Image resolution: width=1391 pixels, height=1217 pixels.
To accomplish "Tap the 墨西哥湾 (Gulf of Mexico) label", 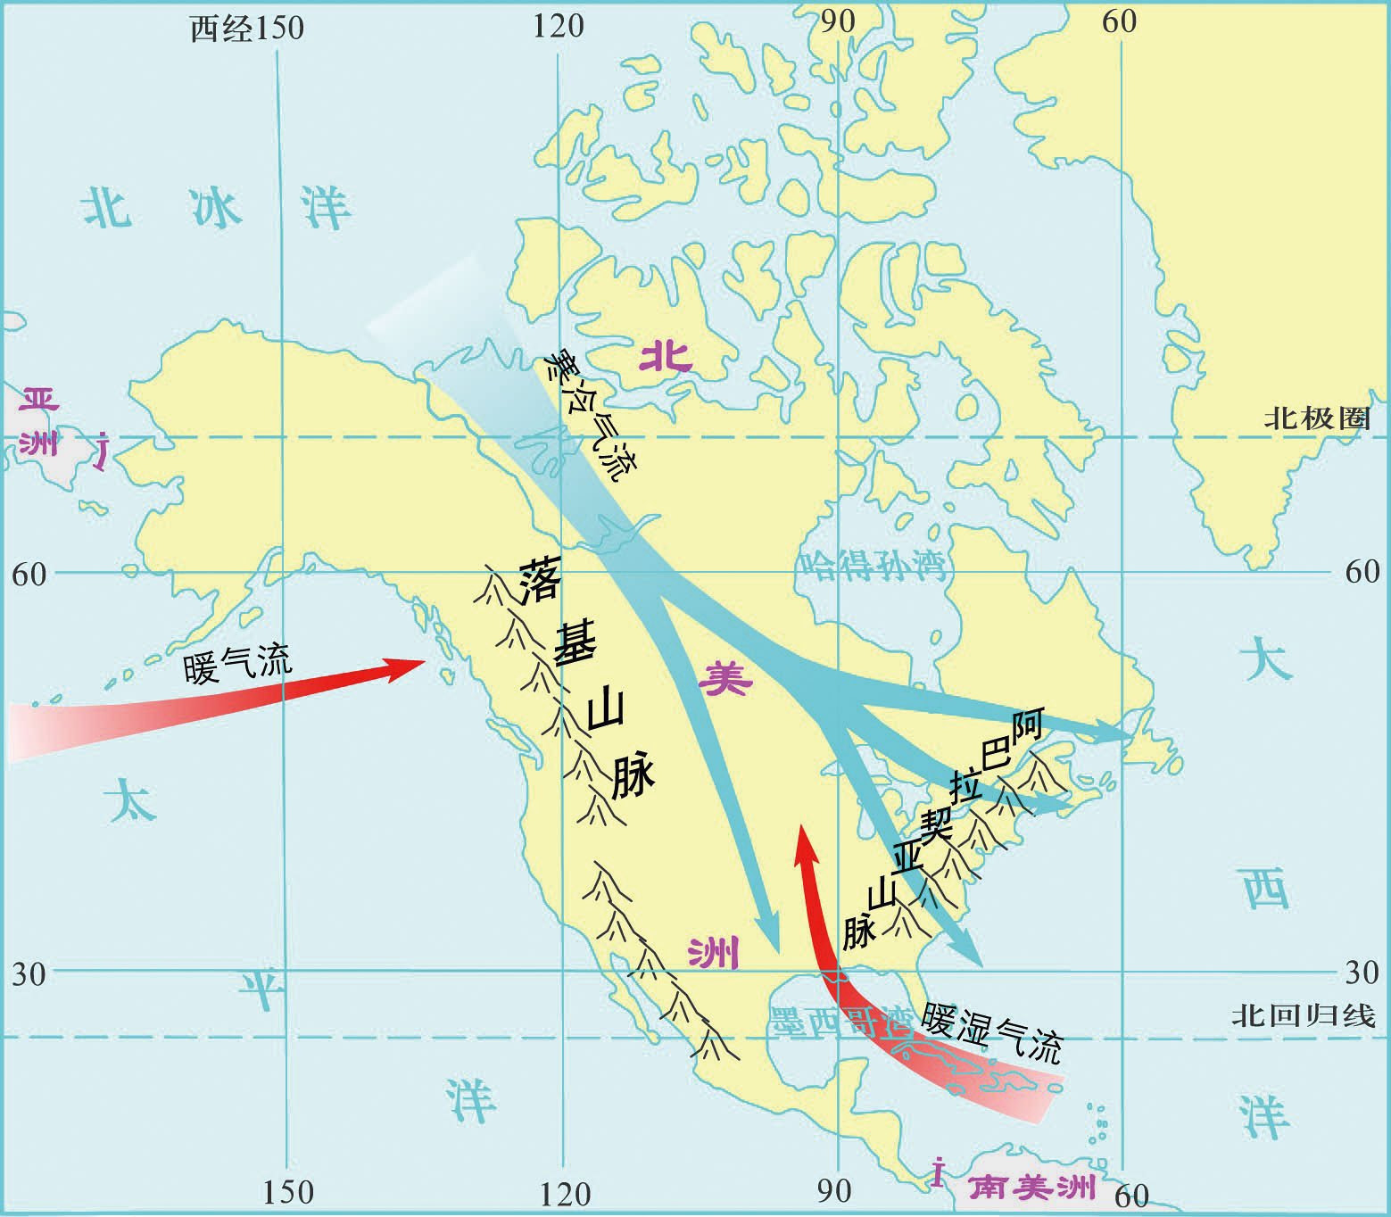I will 839,1022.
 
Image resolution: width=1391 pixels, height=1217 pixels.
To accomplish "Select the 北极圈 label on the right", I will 1316,418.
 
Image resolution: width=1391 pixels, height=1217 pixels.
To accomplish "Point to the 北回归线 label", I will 1304,1015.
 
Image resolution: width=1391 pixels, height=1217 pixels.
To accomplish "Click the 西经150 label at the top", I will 247,28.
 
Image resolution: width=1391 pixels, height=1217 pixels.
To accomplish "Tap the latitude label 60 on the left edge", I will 29,574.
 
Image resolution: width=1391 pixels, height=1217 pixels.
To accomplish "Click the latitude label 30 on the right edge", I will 1362,972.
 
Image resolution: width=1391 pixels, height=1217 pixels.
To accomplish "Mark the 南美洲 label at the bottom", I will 1032,1188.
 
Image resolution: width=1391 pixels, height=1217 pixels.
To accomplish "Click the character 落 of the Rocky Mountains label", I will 541,582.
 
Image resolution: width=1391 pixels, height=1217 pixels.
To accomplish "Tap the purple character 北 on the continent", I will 667,358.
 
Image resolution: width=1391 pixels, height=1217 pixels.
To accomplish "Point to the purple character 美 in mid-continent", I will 725,681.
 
